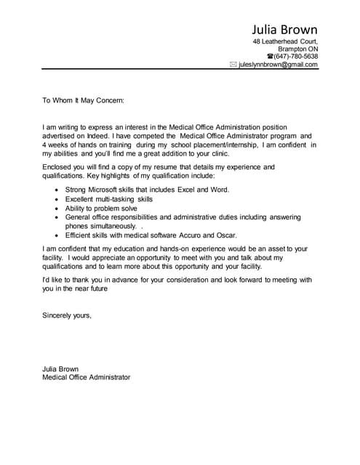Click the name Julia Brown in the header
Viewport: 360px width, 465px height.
coord(284,30)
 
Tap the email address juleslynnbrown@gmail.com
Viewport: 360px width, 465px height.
coord(279,65)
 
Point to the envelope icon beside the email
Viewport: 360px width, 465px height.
coord(233,65)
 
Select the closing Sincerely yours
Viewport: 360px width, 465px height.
coord(67,315)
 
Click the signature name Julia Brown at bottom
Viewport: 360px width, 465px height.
coord(60,368)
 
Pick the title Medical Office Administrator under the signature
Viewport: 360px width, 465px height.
coord(86,378)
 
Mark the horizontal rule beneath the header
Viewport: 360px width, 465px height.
coord(180,70)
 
